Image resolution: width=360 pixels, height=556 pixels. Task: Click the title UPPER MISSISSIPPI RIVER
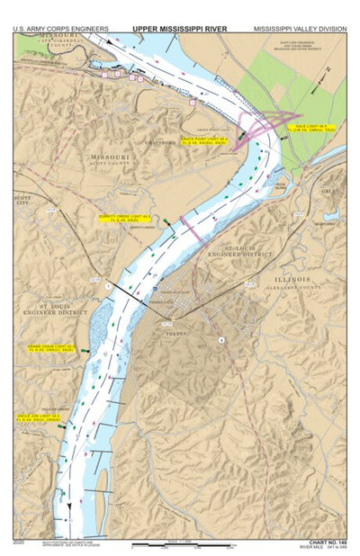click(x=179, y=29)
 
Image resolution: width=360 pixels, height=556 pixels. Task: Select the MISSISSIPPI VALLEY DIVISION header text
click(x=298, y=29)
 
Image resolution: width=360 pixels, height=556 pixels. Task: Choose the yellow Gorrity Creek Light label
click(x=123, y=219)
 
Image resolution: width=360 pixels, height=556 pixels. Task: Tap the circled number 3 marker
click(x=220, y=339)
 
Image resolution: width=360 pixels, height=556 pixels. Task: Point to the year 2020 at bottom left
click(x=20, y=542)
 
